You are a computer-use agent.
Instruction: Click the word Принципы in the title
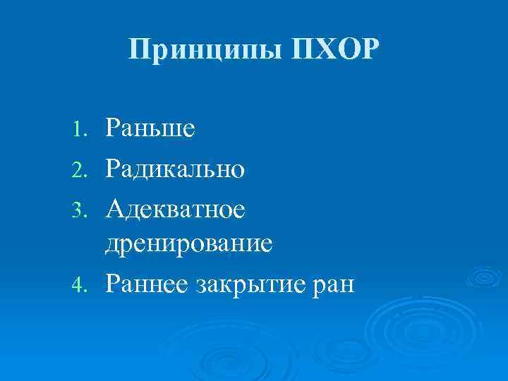205,49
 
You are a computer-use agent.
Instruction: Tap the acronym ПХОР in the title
333,49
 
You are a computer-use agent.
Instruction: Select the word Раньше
150,128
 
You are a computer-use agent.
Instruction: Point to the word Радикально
175,168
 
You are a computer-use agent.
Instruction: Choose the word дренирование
189,244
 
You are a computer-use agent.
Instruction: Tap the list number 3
80,208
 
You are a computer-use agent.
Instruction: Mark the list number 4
80,284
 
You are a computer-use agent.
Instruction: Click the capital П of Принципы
140,49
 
